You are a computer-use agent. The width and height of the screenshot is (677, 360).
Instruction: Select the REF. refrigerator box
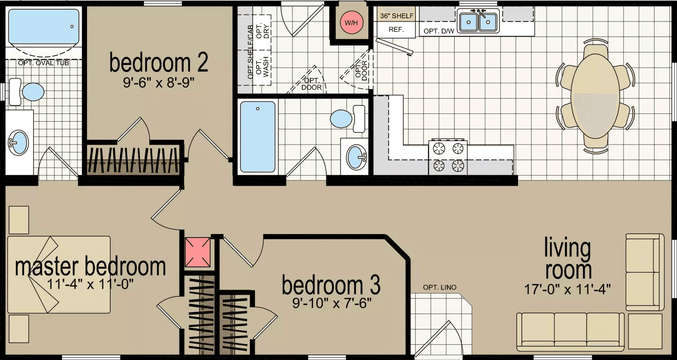pyautogui.click(x=396, y=30)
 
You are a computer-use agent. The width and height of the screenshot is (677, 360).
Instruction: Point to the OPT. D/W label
pyautogui.click(x=437, y=32)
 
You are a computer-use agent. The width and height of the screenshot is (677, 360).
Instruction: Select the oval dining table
pyautogui.click(x=595, y=95)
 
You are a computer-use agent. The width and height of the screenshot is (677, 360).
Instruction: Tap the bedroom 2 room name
pyautogui.click(x=158, y=63)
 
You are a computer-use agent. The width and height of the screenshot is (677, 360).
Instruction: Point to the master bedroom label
pyautogui.click(x=90, y=266)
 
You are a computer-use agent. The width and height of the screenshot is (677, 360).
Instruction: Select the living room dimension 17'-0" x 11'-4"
pyautogui.click(x=567, y=289)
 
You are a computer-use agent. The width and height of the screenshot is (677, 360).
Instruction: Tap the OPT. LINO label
pyautogui.click(x=440, y=287)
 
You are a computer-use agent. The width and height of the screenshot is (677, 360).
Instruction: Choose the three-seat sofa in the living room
pyautogui.click(x=570, y=331)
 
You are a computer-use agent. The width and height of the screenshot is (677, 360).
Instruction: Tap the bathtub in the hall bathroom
pyautogui.click(x=258, y=136)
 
